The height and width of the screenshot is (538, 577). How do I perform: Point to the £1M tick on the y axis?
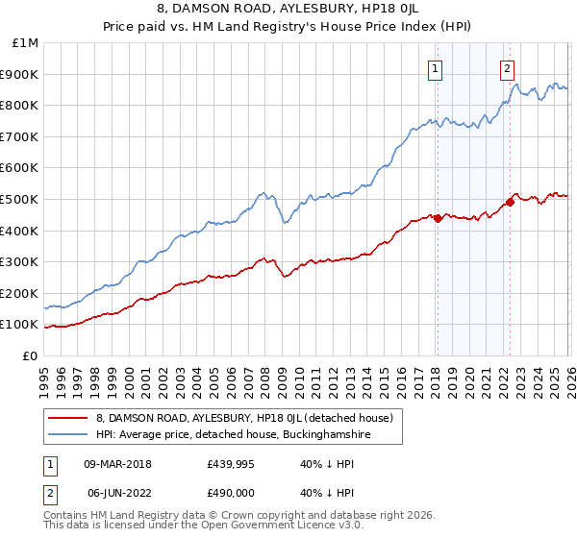[24, 43]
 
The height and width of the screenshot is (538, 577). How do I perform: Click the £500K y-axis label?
[20, 199]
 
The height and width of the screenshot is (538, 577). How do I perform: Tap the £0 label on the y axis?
[30, 355]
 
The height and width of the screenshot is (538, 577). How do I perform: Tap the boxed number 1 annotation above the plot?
[436, 68]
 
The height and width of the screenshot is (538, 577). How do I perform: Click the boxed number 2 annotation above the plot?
[507, 68]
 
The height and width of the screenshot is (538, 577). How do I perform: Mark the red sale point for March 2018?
[437, 218]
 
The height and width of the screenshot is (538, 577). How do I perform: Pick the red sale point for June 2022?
[510, 202]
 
